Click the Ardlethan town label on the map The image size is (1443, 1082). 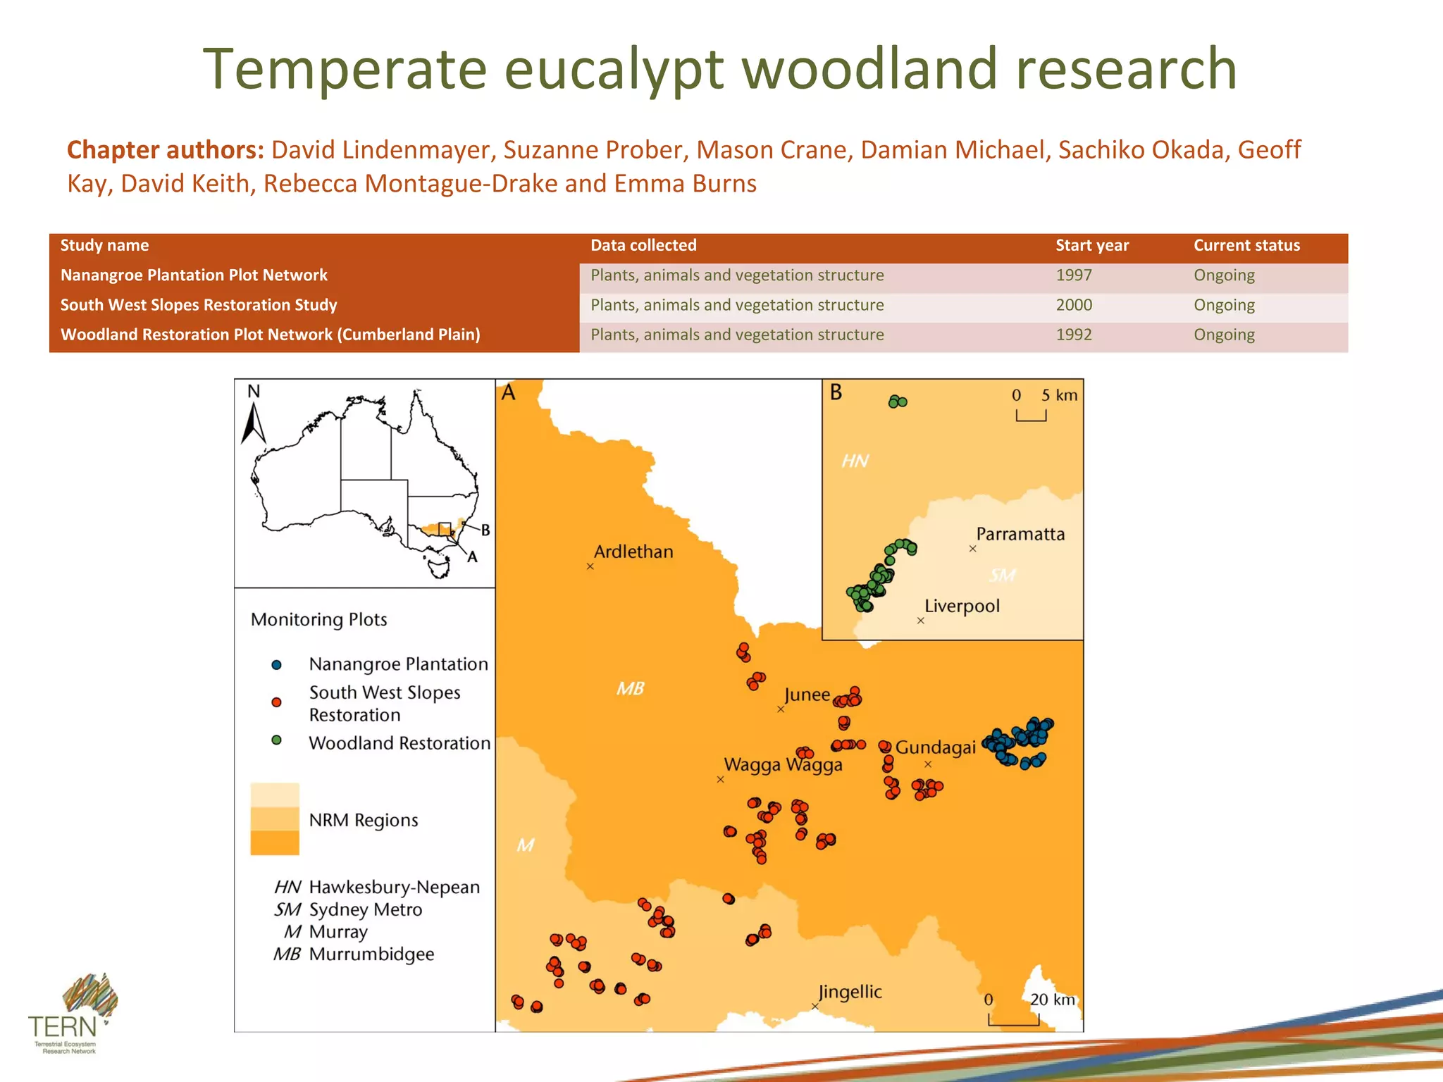[633, 552]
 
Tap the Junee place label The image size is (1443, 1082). [807, 695]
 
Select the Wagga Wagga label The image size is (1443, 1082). [783, 765]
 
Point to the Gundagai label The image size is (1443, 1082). [935, 747]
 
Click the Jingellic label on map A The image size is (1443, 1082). [850, 992]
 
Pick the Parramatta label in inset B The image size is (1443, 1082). [1020, 534]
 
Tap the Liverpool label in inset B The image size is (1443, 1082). [961, 606]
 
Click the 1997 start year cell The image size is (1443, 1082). [1073, 275]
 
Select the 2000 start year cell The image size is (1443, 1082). [1073, 305]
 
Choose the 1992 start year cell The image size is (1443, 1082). [1073, 335]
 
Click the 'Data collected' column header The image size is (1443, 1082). [643, 245]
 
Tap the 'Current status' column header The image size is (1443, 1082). [1246, 245]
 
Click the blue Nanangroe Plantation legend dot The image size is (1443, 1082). [276, 664]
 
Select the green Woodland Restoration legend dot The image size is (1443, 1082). [276, 740]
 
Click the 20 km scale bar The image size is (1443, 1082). [1013, 1020]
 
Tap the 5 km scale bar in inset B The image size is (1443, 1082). [1031, 416]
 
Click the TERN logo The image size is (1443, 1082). [70, 1014]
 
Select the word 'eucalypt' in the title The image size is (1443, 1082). [614, 69]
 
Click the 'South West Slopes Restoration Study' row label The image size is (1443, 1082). [199, 305]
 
